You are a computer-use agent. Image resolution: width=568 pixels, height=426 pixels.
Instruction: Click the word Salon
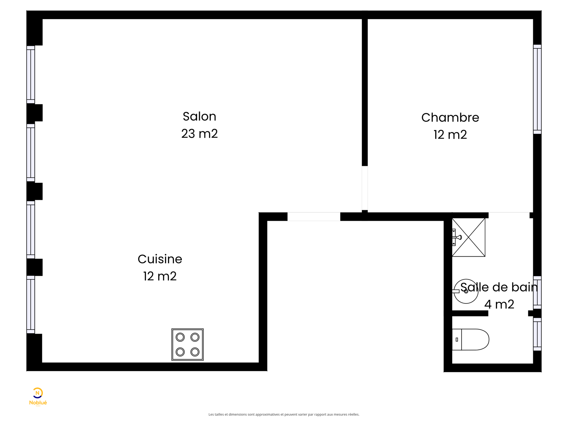199,116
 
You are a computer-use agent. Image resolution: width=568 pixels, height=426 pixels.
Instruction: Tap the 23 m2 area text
199,133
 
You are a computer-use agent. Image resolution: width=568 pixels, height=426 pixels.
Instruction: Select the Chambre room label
450,118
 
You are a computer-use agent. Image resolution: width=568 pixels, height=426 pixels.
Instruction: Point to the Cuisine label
160,259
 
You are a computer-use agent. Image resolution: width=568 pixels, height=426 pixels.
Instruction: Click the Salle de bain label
499,287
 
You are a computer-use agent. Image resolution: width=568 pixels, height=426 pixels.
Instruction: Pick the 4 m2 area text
499,304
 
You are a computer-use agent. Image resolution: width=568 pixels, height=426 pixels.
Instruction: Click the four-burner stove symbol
187,344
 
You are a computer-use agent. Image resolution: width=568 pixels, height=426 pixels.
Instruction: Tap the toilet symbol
470,339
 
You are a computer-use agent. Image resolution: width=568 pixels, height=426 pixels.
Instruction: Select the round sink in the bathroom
466,291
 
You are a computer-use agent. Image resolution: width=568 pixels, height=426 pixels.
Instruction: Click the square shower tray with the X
468,237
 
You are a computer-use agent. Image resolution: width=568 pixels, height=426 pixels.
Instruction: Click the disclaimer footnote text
284,414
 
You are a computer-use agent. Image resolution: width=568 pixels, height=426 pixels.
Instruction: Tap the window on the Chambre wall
537,89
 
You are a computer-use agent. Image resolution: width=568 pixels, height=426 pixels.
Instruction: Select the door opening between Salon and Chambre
365,188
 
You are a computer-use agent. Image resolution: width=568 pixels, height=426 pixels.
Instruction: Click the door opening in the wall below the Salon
313,217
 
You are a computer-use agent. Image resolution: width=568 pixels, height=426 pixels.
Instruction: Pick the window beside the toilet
537,334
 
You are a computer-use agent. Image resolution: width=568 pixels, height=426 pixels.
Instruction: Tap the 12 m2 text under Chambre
450,135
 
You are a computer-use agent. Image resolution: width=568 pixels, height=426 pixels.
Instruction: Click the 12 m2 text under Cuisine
160,276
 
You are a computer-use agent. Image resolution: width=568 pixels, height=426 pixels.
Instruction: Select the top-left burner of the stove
180,337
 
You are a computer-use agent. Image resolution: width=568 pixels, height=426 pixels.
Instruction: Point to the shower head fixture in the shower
457,237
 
